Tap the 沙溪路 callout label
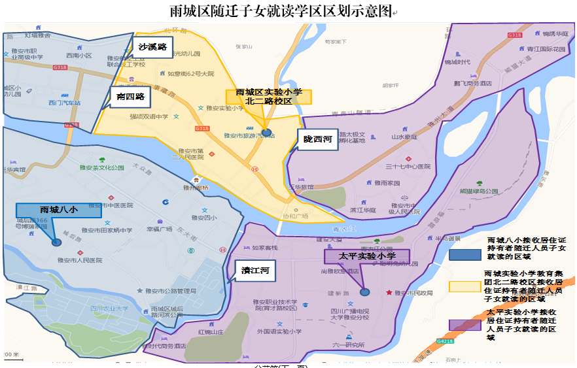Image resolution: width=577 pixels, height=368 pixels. point(152,47)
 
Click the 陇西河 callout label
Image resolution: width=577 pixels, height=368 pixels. point(317,139)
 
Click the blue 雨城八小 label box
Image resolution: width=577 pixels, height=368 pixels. point(59,210)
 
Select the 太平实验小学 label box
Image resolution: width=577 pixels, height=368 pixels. point(367,256)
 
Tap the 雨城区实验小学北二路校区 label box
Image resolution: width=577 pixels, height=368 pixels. point(269,97)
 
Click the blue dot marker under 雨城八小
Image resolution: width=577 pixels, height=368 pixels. point(57,243)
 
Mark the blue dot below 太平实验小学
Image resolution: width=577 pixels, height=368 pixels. point(365,292)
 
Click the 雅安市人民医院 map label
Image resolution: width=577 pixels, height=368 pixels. point(80,260)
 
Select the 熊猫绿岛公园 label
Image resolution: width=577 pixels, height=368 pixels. point(479,191)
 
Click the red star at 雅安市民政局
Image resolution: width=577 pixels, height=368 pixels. point(390,293)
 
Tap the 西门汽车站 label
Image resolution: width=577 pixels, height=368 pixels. point(64,103)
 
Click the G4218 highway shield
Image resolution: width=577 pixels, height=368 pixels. point(445,340)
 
